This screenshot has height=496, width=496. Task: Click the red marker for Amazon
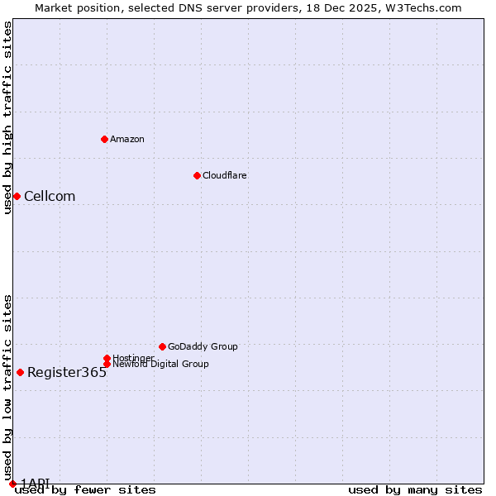104,139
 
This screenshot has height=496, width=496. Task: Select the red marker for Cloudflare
197,175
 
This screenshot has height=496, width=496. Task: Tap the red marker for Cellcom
17,196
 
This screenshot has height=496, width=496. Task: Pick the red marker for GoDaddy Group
162,346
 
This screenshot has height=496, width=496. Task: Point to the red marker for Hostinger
107,358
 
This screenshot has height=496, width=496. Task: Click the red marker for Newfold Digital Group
107,364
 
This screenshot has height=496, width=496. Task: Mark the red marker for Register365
20,372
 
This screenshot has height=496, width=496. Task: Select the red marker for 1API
12,484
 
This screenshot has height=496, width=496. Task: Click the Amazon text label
127,139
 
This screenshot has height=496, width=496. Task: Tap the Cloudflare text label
225,175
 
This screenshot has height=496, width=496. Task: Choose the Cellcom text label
50,196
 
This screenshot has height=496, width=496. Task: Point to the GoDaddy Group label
203,346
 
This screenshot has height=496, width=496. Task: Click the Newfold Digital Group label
160,364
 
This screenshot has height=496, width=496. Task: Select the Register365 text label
67,372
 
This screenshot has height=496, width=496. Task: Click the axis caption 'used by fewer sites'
85,489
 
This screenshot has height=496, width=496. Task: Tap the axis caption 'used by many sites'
415,489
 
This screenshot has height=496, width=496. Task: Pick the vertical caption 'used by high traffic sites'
7,117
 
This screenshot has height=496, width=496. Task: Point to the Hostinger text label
133,358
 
